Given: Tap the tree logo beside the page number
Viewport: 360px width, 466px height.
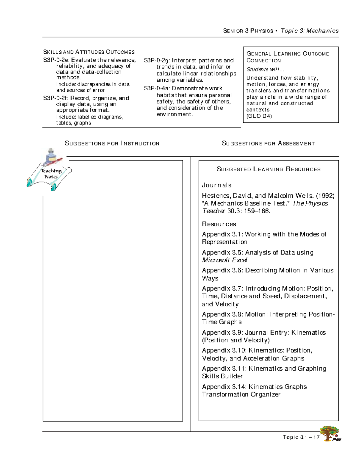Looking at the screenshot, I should tap(330, 434).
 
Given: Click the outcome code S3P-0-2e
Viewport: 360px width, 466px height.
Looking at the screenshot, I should tap(56, 60).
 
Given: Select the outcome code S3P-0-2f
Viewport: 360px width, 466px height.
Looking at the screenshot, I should tap(56, 98).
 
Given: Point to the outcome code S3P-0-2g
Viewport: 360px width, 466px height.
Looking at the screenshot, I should tap(157, 60).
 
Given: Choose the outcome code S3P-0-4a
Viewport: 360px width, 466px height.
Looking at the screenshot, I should tap(157, 89).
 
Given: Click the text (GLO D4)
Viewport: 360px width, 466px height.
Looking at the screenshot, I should tap(259, 116).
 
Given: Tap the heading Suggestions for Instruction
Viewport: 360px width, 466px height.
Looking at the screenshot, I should tap(112, 143).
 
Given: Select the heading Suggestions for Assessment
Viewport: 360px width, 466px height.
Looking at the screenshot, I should tap(268, 143).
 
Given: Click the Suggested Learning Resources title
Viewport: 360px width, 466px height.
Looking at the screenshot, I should tap(268, 169).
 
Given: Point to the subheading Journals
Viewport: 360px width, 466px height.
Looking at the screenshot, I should tap(217, 185).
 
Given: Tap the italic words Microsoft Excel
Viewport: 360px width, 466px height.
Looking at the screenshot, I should tap(224, 260).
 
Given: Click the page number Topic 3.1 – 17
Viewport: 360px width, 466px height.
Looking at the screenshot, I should tap(301, 437).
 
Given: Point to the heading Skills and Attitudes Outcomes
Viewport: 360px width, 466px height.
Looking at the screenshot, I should tap(89, 52).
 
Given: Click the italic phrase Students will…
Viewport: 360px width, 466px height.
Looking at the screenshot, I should tap(265, 69).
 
